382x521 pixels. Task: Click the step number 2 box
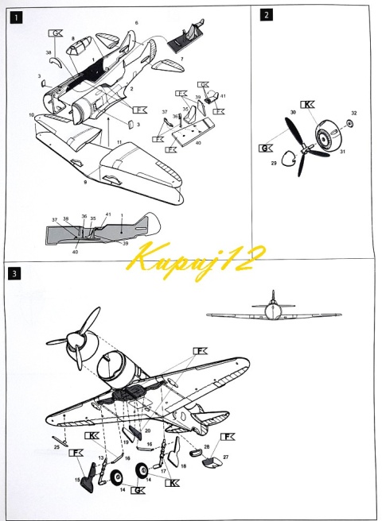point(266,15)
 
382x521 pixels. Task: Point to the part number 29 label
point(276,162)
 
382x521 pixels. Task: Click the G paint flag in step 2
point(265,148)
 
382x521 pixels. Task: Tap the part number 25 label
point(57,447)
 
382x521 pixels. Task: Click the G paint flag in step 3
point(138,491)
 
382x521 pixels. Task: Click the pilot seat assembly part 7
point(185,35)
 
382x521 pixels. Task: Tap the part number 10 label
point(32,115)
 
